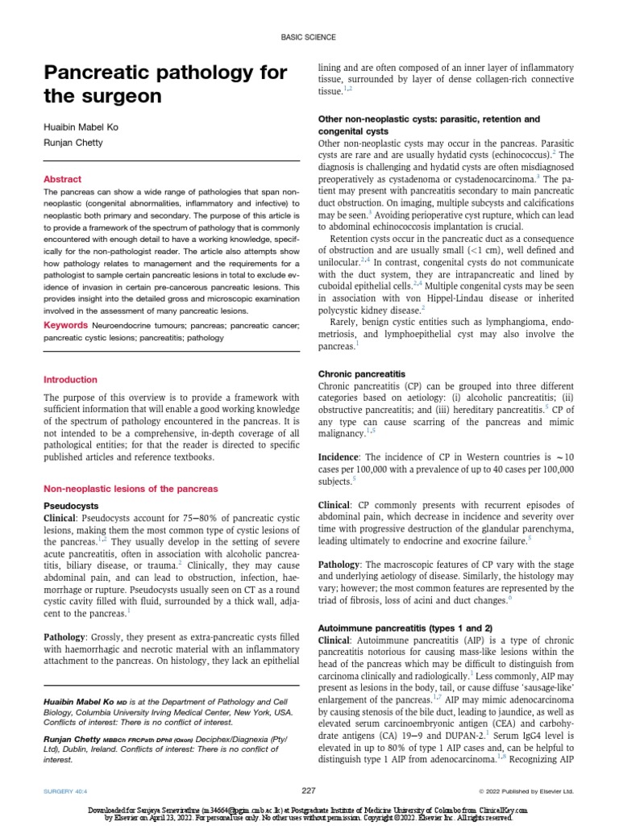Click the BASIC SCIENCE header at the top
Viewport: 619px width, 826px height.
pos(309,37)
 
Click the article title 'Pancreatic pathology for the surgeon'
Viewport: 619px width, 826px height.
pos(165,85)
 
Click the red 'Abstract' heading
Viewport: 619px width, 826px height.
pos(62,179)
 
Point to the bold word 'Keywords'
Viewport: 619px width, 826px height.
pos(65,324)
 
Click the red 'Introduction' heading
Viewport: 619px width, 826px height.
pos(70,379)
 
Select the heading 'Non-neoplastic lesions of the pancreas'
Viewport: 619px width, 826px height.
pos(130,489)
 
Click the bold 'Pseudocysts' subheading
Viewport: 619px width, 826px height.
pos(71,506)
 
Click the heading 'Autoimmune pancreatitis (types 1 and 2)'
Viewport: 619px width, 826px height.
pos(406,627)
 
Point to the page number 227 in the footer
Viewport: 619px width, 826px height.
pos(309,791)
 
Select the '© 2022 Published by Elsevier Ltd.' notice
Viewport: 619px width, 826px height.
pos(526,791)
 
